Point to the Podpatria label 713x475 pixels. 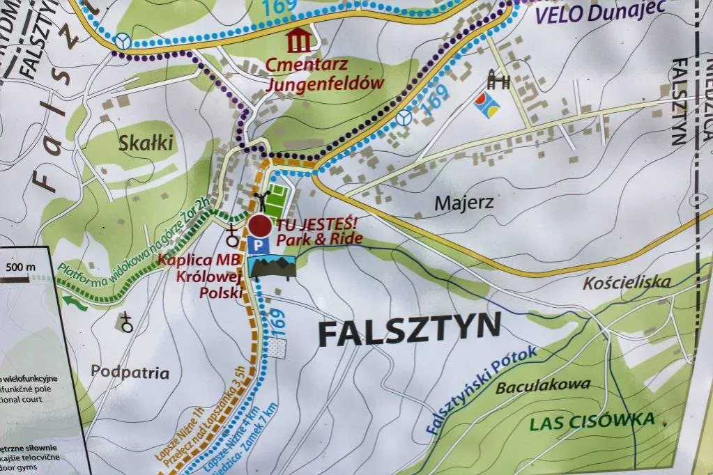click(130, 373)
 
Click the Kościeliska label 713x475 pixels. click(627, 282)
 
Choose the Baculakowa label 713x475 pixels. click(543, 386)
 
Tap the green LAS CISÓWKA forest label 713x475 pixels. click(592, 421)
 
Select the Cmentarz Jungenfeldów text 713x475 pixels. click(325, 74)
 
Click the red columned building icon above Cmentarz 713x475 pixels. click(300, 40)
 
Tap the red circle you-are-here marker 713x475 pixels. click(260, 226)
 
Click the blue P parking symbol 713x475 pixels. click(259, 244)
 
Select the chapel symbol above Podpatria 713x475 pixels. click(126, 322)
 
